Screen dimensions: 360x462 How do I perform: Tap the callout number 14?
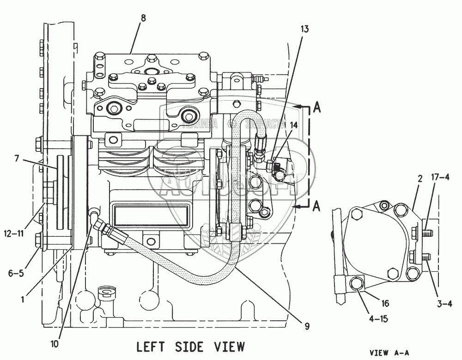(294, 125)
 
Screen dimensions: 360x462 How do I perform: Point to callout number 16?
(385, 303)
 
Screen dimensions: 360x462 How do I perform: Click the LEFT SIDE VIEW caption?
(190, 346)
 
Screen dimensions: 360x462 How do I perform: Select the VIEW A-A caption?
(389, 353)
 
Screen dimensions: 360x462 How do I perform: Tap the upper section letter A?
(316, 107)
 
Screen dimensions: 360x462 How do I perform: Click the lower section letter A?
(316, 206)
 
